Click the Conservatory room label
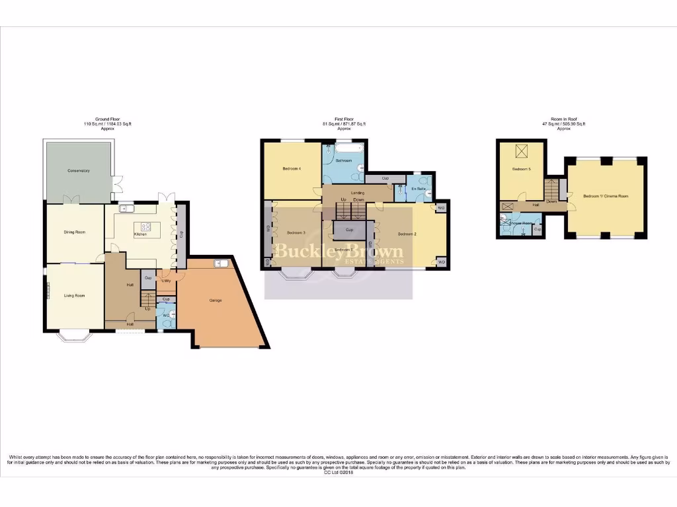[78, 171]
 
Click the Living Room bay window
[75, 336]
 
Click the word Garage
[216, 300]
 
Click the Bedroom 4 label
[292, 169]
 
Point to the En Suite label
[418, 189]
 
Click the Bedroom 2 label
[405, 234]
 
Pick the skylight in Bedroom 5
[521, 152]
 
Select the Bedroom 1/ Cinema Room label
[606, 196]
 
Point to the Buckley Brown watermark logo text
[338, 252]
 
